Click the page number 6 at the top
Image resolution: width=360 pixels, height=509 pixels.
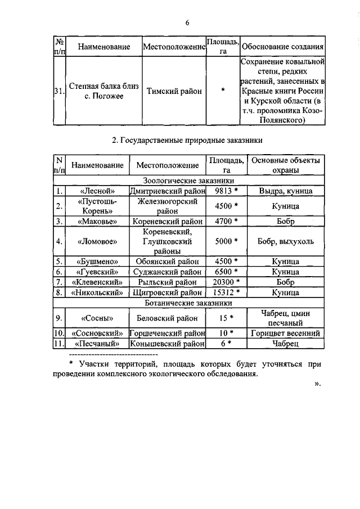coord(188,22)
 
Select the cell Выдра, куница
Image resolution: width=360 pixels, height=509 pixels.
coord(286,191)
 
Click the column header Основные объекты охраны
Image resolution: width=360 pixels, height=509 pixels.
coord(286,165)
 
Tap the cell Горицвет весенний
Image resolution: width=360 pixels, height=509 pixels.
coord(286,332)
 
